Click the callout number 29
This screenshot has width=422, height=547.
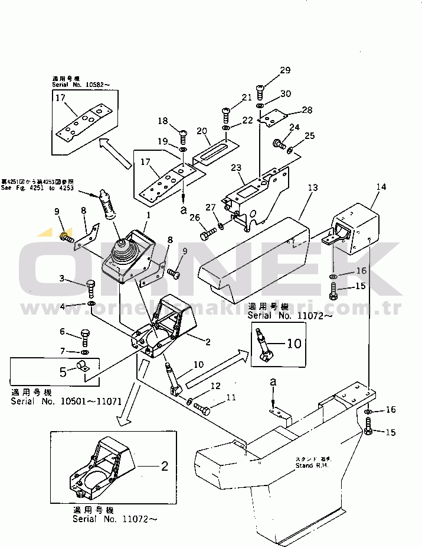coord(285,70)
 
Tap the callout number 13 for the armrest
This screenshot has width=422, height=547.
coord(312,187)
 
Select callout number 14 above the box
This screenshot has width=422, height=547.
coord(381,187)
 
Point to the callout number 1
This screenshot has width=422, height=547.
coord(148,216)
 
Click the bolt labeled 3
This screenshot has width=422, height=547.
coord(90,288)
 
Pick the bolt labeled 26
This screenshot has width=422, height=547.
coord(206,236)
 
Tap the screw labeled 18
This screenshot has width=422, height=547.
coord(182,136)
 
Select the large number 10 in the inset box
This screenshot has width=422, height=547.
coord(294,344)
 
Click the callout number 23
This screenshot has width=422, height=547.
coord(237,168)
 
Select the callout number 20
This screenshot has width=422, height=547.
coord(201,131)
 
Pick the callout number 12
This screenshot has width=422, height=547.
coord(215,386)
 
